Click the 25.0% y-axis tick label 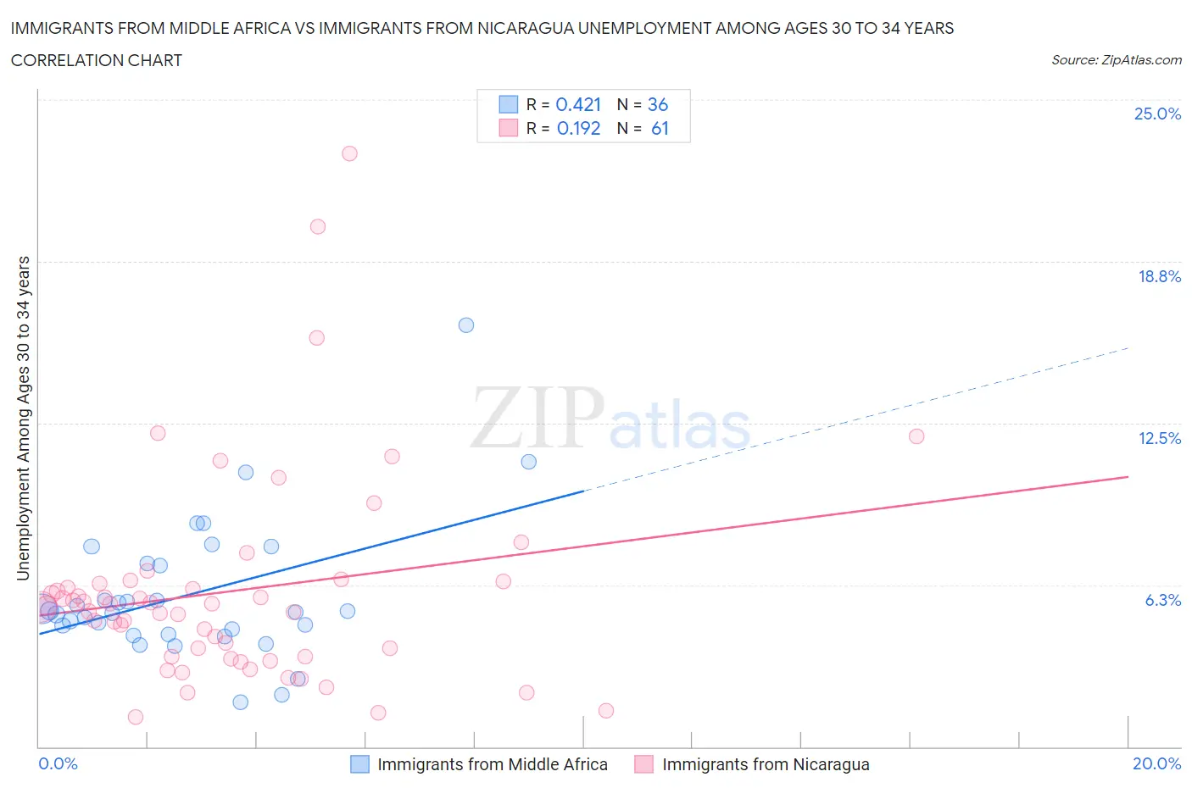pos(1157,114)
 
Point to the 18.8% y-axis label pos(1159,276)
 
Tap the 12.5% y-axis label pos(1159,438)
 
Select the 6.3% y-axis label pos(1162,600)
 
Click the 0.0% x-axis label pos(58,763)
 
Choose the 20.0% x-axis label pos(1156,763)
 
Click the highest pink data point pos(349,153)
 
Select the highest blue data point pos(466,325)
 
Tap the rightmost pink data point pos(916,436)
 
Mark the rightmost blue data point pos(529,462)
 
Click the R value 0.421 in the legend pos(578,104)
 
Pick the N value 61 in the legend pos(660,128)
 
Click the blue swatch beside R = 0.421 pos(508,104)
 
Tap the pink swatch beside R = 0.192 pos(508,128)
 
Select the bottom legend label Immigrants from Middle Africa pos(492,764)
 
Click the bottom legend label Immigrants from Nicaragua pos(766,764)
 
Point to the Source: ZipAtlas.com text pos(1116,60)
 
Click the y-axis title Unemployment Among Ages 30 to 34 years pos(24,418)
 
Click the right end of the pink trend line pos(1128,477)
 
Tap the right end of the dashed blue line pos(1128,347)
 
